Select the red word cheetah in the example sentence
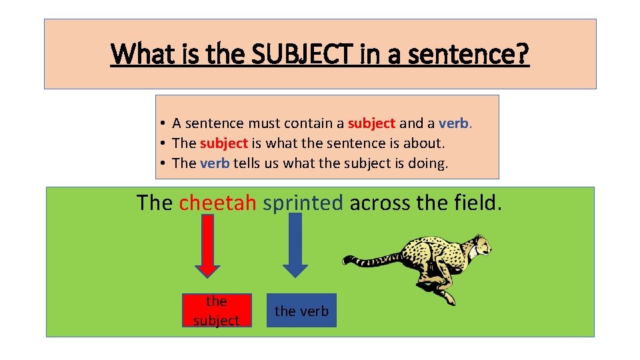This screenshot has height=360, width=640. [x=217, y=202]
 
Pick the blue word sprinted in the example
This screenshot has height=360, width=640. [x=303, y=203]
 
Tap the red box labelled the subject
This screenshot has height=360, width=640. [x=216, y=311]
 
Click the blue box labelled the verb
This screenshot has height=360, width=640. [x=301, y=311]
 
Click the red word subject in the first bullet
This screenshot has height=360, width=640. [x=372, y=123]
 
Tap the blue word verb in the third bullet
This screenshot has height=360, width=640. [x=215, y=163]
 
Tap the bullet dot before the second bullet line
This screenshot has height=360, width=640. [x=163, y=143]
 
